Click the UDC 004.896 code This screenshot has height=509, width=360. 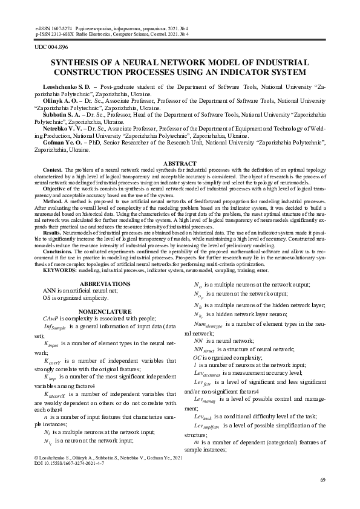pyautogui.click(x=50, y=47)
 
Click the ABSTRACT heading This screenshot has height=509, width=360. pyautogui.click(x=180, y=164)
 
